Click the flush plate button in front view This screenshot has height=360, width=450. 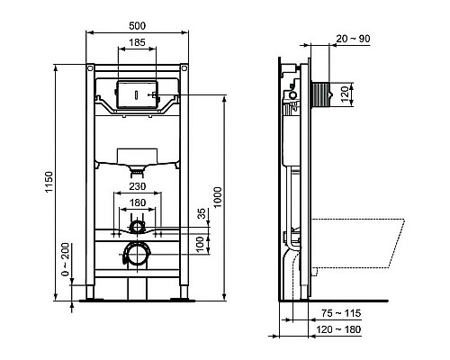pos(135,92)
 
